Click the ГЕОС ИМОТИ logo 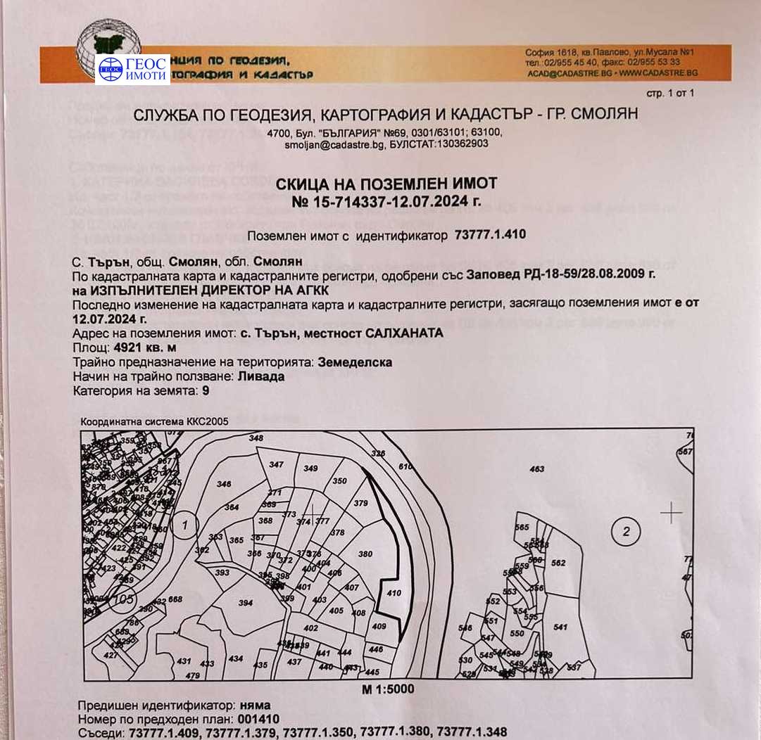tap(132, 69)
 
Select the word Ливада tap(261, 376)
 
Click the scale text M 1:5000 tap(388, 689)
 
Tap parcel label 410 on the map tap(394, 593)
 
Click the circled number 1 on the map tap(184, 524)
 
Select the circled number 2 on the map tap(626, 530)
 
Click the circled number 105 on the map tap(123, 599)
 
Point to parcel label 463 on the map tap(537, 468)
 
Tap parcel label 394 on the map tap(245, 603)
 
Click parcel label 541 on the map tap(560, 627)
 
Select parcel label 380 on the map tap(365, 554)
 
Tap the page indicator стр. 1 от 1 tap(670, 93)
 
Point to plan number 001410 tap(258, 718)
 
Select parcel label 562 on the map tap(558, 563)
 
